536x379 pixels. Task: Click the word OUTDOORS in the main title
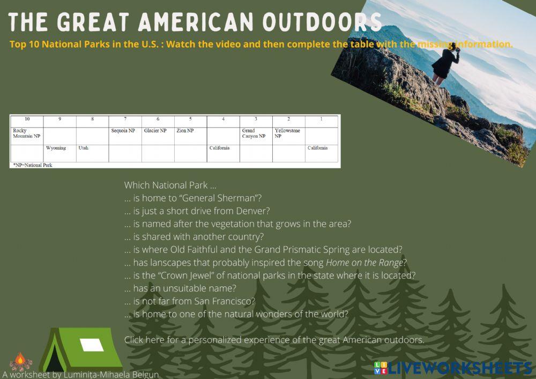322,22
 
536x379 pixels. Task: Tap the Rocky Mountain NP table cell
26,133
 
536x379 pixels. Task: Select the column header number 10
27,119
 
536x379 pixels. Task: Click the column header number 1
321,119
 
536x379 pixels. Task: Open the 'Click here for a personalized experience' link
274,340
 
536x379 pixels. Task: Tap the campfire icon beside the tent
21,362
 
